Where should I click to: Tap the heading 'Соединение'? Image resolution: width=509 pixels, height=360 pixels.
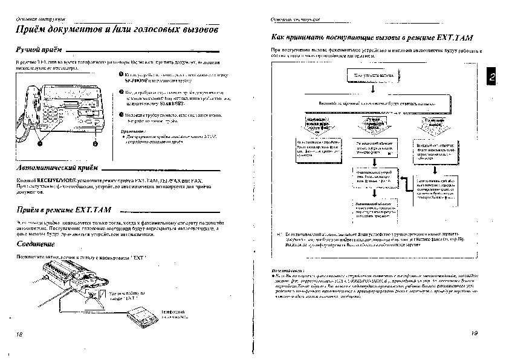(x=34, y=244)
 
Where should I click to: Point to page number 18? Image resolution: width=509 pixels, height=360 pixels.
(x=19, y=333)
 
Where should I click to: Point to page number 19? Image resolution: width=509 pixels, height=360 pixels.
(x=473, y=333)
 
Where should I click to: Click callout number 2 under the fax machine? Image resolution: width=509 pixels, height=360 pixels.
(x=95, y=143)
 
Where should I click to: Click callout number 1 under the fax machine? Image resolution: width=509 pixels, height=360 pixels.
(x=40, y=143)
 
